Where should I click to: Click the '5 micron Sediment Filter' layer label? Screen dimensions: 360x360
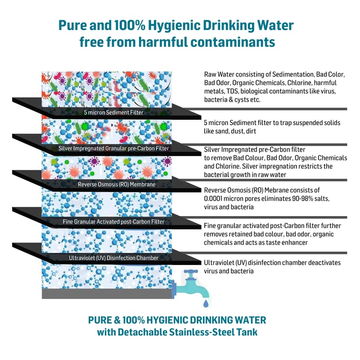(113, 112)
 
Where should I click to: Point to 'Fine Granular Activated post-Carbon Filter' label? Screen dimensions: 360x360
(113, 221)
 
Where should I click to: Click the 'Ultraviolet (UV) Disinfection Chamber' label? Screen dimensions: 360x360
(113, 258)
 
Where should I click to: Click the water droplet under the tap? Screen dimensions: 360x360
(206, 304)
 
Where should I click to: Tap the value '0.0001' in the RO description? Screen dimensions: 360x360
(215, 198)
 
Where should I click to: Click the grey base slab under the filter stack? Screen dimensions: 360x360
(107, 293)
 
